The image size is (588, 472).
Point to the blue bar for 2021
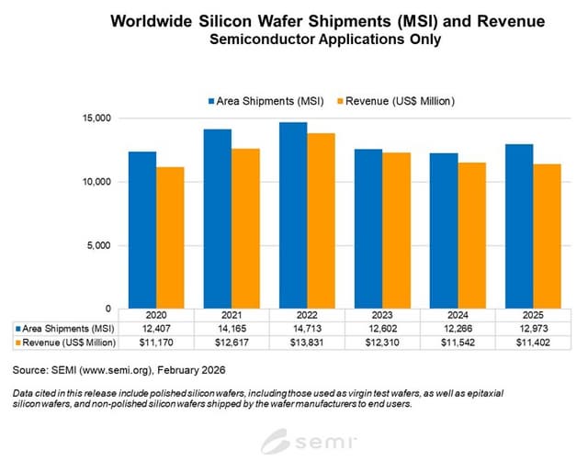pos(218,219)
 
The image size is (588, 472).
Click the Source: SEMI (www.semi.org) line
pos(109,371)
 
